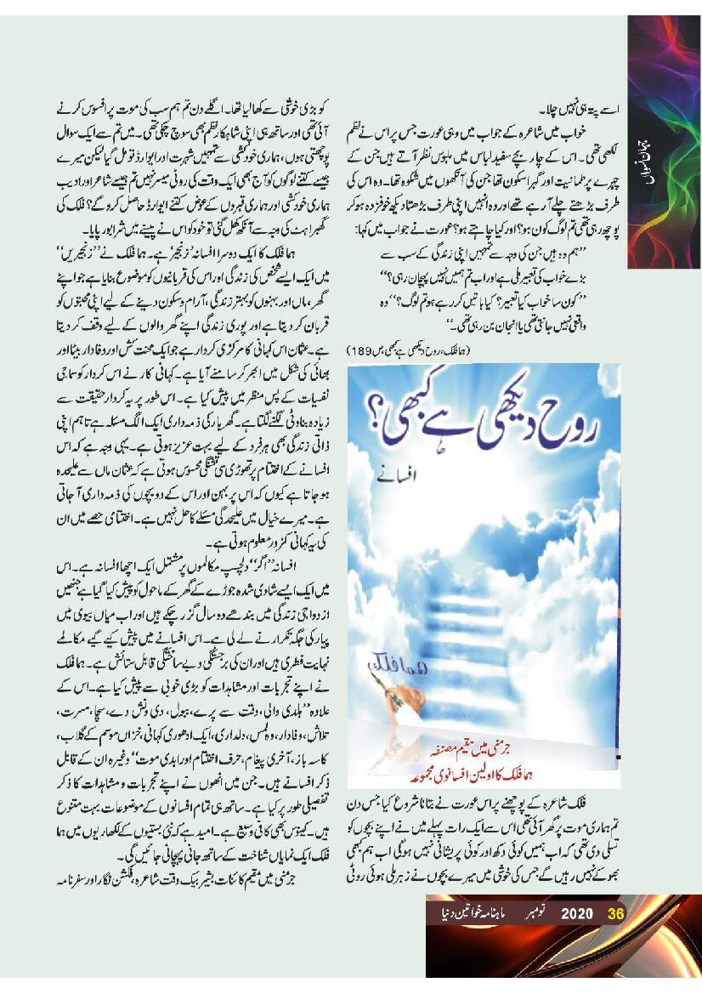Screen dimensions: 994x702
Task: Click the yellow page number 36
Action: click(x=616, y=914)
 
